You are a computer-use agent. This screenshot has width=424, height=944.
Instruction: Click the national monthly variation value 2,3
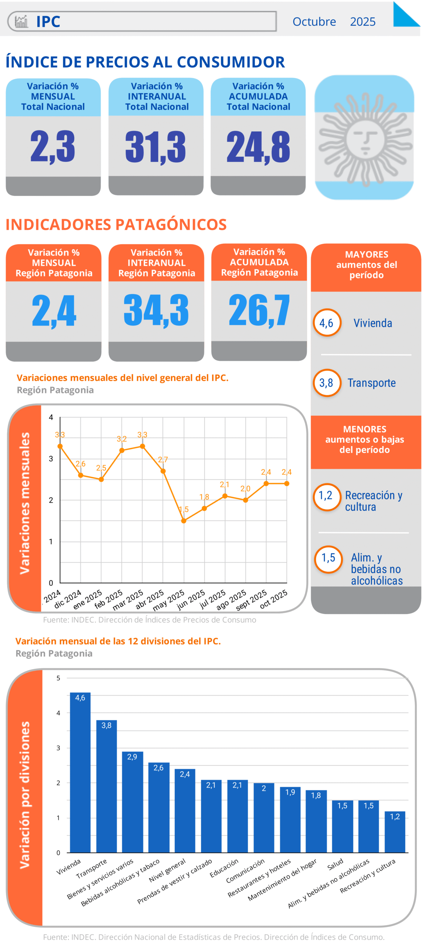(53, 146)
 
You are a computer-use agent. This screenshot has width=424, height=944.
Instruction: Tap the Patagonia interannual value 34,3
(156, 310)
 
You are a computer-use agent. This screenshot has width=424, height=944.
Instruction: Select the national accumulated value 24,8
(258, 146)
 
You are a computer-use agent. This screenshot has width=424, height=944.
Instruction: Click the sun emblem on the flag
(365, 139)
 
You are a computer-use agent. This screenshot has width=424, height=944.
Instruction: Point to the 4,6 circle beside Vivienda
(327, 323)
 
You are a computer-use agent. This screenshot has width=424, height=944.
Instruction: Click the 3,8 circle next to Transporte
(327, 382)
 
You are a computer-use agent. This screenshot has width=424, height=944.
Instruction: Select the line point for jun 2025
(184, 521)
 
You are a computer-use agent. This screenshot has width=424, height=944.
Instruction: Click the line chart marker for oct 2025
(286, 483)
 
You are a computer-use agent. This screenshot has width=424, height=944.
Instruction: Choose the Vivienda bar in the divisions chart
(80, 774)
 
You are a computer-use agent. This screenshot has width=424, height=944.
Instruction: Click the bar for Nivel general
(185, 811)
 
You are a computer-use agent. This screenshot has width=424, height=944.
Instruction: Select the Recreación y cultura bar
(395, 833)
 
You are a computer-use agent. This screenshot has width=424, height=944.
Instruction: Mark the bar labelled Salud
(342, 827)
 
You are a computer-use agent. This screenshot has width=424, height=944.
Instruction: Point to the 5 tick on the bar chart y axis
(58, 678)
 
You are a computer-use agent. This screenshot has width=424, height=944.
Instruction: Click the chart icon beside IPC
(21, 21)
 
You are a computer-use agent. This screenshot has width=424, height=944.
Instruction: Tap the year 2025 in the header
(362, 22)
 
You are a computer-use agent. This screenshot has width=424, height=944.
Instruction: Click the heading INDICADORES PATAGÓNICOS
(116, 224)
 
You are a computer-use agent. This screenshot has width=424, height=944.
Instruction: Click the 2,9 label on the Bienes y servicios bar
(132, 757)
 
